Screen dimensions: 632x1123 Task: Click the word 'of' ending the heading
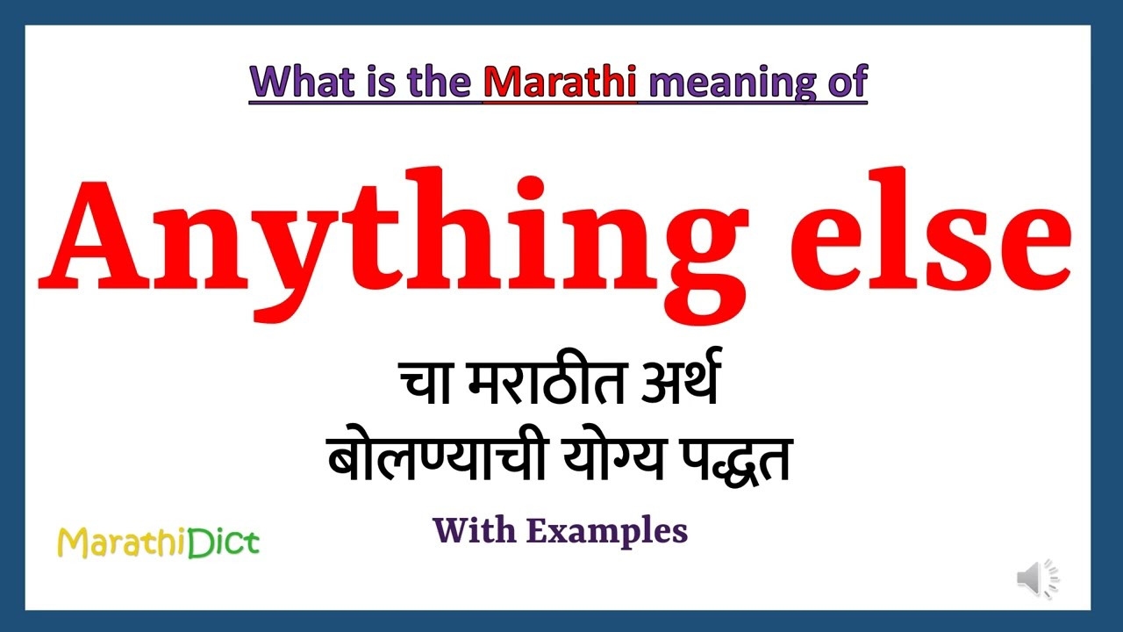848,83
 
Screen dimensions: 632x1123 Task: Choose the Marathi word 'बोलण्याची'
431,459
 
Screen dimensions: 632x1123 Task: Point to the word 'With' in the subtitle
473,530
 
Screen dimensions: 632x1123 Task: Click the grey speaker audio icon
1038,578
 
